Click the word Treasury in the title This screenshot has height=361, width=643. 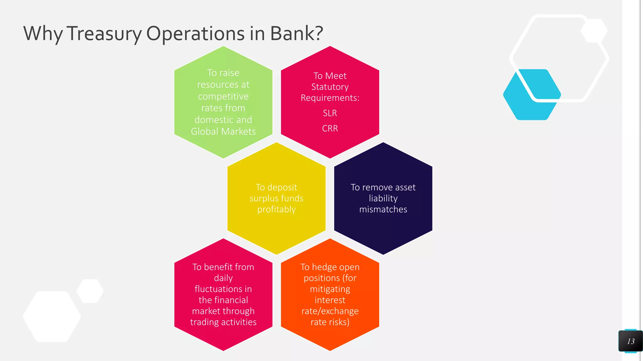(x=104, y=34)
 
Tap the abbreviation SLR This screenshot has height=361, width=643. (x=330, y=113)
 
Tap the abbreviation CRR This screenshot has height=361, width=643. (x=330, y=128)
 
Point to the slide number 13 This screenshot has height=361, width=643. (x=630, y=341)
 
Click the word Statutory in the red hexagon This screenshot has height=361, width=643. (x=330, y=87)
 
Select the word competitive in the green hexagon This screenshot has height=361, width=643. (x=223, y=96)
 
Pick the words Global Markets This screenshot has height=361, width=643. (x=223, y=131)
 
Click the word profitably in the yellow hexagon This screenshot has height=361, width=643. (x=276, y=209)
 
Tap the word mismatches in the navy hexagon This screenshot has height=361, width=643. (x=383, y=209)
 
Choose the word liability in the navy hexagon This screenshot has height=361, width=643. (x=383, y=198)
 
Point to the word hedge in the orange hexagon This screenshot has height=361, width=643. (x=324, y=267)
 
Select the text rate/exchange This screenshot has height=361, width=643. (x=330, y=311)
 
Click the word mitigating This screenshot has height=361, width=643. (x=330, y=289)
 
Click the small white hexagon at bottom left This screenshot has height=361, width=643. (x=90, y=291)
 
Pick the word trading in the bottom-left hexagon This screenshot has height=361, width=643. (x=204, y=322)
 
